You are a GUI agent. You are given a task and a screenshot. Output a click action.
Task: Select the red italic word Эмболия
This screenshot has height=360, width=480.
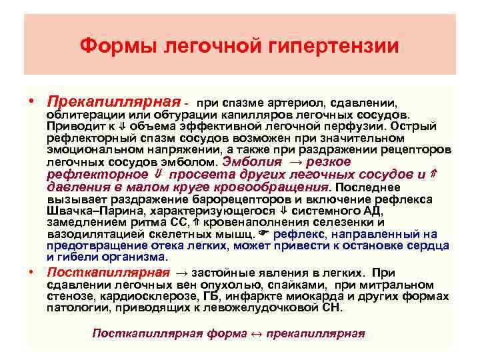250,161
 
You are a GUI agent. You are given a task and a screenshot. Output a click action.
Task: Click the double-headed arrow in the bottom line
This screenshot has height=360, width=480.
255,333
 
